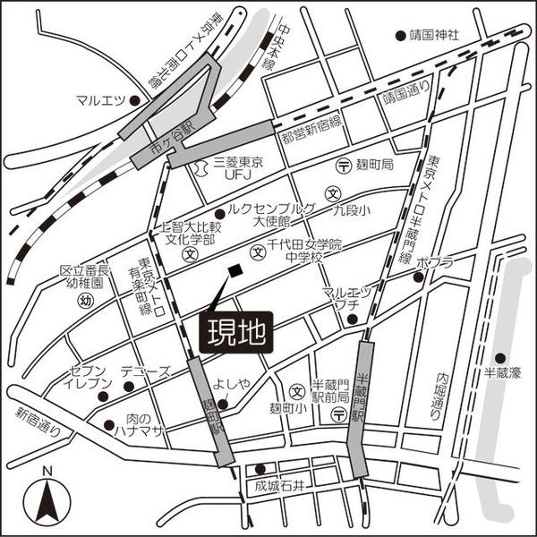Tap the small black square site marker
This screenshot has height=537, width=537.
[234, 270]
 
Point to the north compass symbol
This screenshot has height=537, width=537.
[47, 502]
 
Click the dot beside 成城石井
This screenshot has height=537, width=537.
[260, 468]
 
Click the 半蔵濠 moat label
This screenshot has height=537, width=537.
[501, 373]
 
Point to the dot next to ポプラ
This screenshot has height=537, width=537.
[417, 277]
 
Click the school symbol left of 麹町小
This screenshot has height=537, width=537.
[296, 391]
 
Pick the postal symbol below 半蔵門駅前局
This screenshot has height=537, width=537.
[338, 413]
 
